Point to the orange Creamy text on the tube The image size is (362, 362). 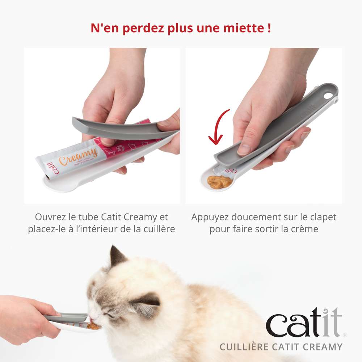coord(79,157)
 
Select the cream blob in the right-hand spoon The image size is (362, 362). coord(220,182)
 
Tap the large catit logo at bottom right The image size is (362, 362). coord(304,322)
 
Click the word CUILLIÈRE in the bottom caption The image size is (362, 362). coord(249,347)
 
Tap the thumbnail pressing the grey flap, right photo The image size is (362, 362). coord(244,148)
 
